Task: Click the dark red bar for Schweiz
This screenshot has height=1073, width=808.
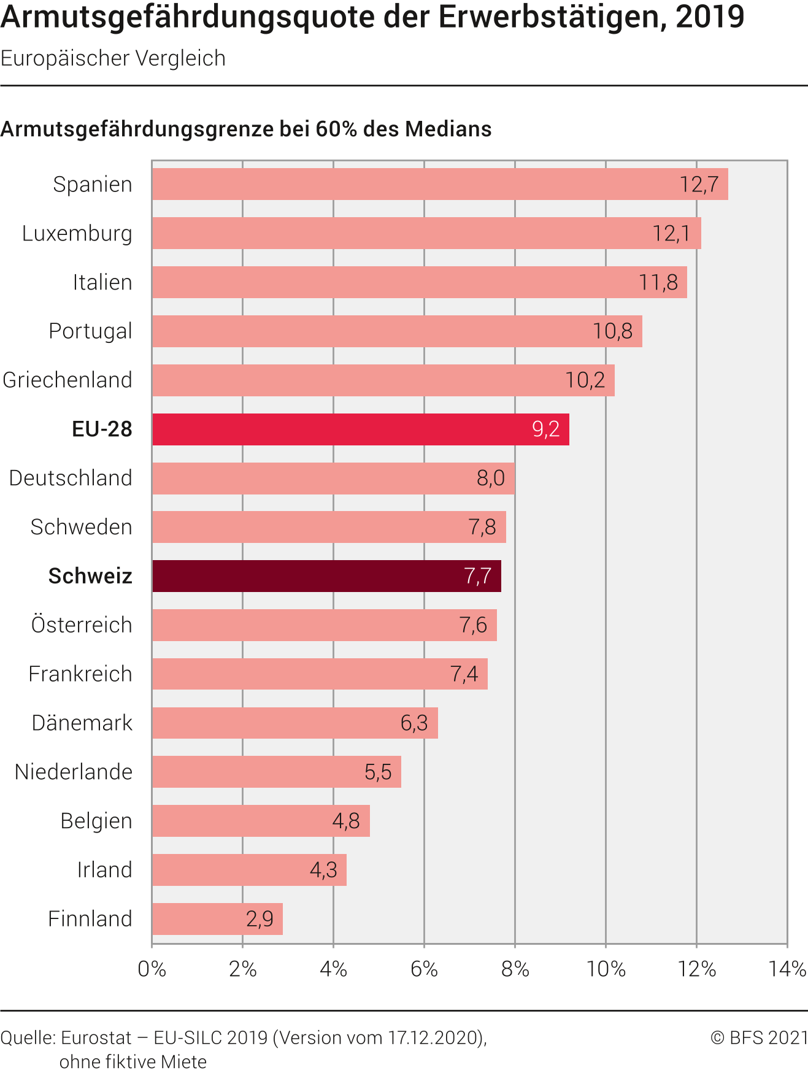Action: point(326,576)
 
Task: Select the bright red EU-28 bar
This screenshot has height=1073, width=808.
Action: point(360,429)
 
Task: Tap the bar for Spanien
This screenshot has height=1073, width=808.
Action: point(439,184)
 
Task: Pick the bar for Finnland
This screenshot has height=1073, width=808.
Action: point(217,919)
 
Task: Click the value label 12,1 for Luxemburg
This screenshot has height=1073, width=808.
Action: point(671,233)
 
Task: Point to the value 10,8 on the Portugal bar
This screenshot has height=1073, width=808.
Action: point(612,331)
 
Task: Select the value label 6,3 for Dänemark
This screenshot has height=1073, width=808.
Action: point(414,723)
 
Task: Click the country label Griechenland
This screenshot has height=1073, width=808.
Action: point(67,380)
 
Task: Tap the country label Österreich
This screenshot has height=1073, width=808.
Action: point(82,625)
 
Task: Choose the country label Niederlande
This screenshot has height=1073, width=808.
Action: point(74,772)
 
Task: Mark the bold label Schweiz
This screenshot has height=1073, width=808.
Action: point(90,576)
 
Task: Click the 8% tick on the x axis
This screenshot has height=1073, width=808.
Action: point(515,969)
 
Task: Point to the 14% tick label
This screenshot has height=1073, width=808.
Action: point(787,969)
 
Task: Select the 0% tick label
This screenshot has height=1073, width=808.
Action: point(152,969)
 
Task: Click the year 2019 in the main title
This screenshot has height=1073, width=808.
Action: point(710,17)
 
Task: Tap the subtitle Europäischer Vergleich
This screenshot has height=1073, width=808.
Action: point(113,58)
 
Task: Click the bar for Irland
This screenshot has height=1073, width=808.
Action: point(249,870)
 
